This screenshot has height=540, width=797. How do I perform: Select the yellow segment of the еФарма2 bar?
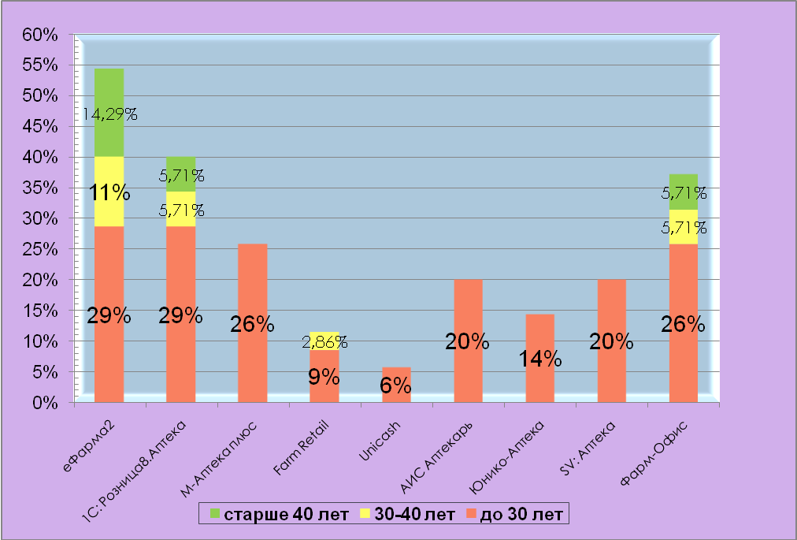coord(109,213)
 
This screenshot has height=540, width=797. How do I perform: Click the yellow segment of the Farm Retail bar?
coord(324,336)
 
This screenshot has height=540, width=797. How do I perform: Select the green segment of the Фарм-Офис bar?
coord(684,181)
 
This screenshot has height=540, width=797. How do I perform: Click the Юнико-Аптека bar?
coord(539,331)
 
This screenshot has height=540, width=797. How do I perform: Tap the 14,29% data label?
coord(109,115)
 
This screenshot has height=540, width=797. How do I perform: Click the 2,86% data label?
coord(324,343)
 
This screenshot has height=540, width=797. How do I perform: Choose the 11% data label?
coord(109,192)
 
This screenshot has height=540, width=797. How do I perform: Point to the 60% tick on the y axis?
coord(40,35)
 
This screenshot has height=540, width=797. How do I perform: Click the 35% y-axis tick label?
coord(40,188)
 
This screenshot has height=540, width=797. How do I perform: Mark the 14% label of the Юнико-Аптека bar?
coord(539,359)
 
